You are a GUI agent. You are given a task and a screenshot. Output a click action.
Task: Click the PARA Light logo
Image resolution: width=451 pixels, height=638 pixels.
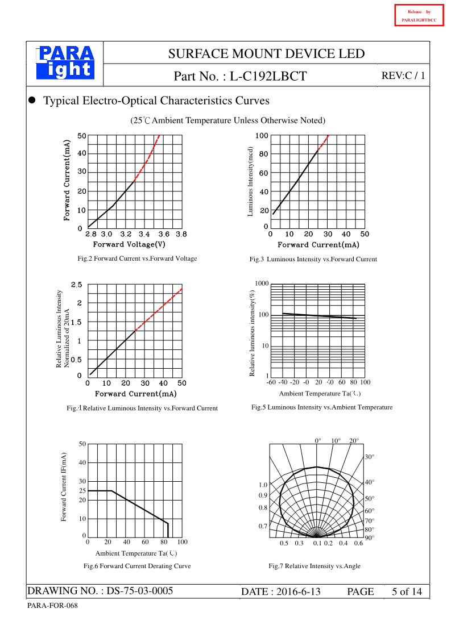[65, 62]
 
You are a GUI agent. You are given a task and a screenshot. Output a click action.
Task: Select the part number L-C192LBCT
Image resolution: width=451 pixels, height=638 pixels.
[269, 76]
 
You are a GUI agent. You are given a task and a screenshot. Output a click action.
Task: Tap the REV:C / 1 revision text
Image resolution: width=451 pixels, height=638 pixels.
[403, 76]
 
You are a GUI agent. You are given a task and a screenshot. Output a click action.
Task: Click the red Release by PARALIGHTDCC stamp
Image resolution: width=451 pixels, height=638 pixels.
[419, 15]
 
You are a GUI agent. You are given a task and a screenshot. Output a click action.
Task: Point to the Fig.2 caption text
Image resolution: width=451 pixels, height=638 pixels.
[137, 258]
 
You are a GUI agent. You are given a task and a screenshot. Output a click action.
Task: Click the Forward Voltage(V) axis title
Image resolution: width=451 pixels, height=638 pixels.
[129, 244]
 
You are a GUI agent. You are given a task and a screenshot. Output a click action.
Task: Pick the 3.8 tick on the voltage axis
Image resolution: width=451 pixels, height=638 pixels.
[181, 233]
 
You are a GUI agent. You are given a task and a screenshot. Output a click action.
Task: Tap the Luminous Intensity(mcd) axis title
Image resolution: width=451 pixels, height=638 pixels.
[250, 181]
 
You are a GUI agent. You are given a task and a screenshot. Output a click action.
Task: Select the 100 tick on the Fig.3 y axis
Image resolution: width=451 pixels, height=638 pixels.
[262, 135]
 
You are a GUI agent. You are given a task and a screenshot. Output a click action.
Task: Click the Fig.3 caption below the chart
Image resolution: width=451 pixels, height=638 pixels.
[313, 259]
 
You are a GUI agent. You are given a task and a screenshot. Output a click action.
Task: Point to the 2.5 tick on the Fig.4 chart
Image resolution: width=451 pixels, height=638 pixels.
[76, 284]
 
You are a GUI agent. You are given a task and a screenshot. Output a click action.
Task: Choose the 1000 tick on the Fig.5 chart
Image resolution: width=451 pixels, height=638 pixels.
[262, 283]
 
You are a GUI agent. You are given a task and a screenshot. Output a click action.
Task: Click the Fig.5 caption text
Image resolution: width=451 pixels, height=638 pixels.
[322, 407]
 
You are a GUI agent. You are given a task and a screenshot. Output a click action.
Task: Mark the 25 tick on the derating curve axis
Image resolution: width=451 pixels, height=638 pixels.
[82, 490]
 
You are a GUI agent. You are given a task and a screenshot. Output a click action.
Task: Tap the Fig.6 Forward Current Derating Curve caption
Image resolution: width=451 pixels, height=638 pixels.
[137, 566]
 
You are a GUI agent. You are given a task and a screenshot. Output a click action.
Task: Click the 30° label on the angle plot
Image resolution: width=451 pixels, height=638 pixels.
[369, 457]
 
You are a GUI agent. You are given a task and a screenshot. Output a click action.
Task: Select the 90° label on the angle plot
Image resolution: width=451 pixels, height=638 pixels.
[369, 537]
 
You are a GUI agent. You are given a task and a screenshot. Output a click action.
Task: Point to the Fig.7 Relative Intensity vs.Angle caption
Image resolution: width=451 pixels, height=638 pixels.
[315, 566]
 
